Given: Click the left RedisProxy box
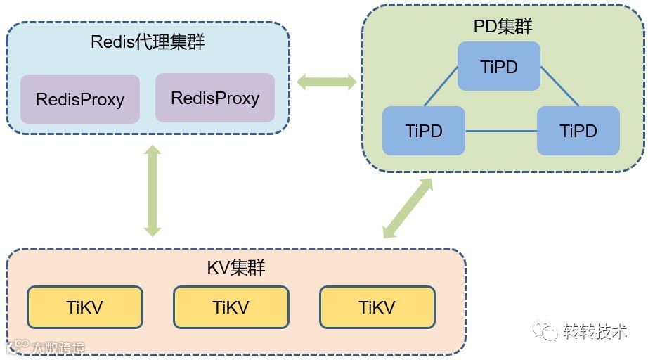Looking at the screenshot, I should [x=80, y=99].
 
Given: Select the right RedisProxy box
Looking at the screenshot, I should [x=215, y=98].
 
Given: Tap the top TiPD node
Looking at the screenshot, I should [x=499, y=67].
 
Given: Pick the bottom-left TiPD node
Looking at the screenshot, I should [x=424, y=131].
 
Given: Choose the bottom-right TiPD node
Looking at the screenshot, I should [x=578, y=131].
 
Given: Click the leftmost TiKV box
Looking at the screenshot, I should [x=85, y=307].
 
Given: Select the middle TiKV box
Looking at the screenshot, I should [x=231, y=307].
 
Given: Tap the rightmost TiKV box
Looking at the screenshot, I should [x=377, y=307].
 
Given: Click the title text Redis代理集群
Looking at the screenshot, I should [x=148, y=42].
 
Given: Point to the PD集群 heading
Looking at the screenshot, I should [x=503, y=27].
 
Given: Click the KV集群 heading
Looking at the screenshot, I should [x=236, y=268].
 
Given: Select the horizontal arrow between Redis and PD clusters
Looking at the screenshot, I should [x=327, y=82].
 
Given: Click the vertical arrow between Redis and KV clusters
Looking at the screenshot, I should [x=153, y=191].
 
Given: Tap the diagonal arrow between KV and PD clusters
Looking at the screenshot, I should [x=408, y=209].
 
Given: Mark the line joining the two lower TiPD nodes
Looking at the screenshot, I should [x=501, y=131].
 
